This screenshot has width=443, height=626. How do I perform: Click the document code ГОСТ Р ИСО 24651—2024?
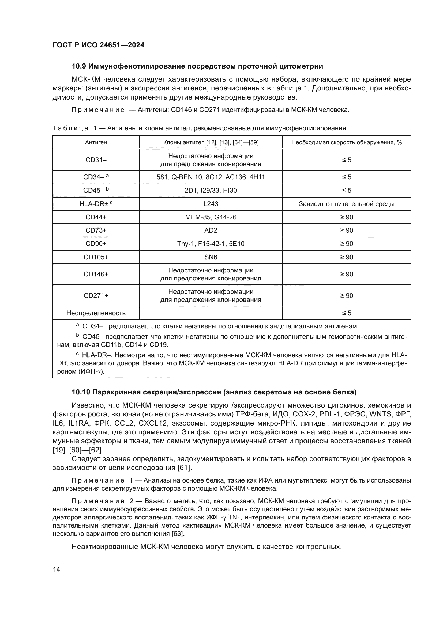[99, 45]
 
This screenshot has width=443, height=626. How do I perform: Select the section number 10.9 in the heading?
[79, 66]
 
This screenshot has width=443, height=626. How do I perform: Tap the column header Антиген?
[96, 142]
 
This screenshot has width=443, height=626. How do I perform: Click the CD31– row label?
[96, 160]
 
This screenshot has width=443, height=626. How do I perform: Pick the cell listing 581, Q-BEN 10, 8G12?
[211, 177]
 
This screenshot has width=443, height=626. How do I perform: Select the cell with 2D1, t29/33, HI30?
[211, 191]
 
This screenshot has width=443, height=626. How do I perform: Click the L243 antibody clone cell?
[211, 204]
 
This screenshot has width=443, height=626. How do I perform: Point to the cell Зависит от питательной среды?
[346, 204]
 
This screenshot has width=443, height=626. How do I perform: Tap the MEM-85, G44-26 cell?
[211, 217]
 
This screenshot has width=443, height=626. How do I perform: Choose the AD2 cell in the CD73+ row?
[211, 230]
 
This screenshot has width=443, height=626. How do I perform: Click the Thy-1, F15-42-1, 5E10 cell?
[211, 244]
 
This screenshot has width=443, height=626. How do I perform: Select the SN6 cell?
[211, 257]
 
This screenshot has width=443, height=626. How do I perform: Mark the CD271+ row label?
[96, 295]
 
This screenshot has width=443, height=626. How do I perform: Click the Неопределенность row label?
[96, 313]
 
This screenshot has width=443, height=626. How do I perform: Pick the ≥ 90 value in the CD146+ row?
[346, 274]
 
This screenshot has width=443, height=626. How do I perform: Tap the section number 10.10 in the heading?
[81, 392]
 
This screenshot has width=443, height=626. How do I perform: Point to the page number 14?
[57, 569]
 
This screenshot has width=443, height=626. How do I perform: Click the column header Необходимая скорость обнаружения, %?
[346, 142]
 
